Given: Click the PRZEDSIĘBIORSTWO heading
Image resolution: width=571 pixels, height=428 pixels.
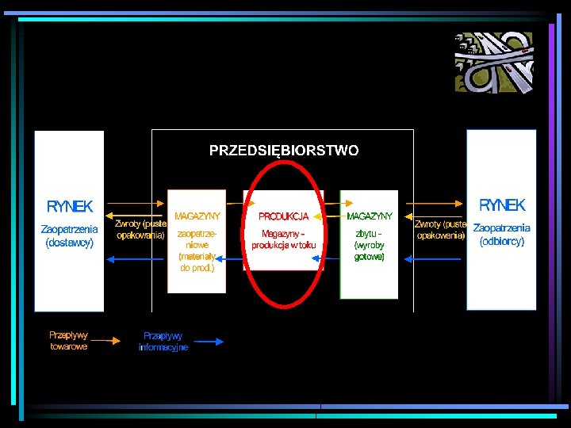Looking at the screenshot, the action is pyautogui.click(x=283, y=150).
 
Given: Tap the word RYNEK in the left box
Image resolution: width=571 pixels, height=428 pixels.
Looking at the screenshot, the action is pyautogui.click(x=70, y=207).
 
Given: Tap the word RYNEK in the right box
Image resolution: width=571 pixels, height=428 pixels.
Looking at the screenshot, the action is pyautogui.click(x=501, y=205).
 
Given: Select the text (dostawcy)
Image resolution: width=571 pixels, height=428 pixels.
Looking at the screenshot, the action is pyautogui.click(x=70, y=243).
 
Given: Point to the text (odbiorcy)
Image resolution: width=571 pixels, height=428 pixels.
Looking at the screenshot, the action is pyautogui.click(x=501, y=242).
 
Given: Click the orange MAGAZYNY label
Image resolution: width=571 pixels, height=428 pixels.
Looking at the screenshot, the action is pyautogui.click(x=197, y=216).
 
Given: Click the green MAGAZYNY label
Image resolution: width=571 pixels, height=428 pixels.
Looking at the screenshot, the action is pyautogui.click(x=370, y=216).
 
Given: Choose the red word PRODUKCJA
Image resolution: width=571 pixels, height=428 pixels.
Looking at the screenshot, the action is pyautogui.click(x=283, y=216).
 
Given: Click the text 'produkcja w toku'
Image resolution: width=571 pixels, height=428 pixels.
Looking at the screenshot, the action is pyautogui.click(x=283, y=246).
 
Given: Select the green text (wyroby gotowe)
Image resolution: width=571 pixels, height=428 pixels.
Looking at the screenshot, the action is pyautogui.click(x=370, y=251).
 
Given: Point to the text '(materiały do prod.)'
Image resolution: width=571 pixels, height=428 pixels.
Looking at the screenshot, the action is pyautogui.click(x=197, y=262).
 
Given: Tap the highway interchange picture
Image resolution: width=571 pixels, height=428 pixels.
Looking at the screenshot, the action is pyautogui.click(x=494, y=63).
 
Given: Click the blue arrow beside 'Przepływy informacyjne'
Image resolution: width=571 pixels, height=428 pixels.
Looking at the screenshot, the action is pyautogui.click(x=208, y=342).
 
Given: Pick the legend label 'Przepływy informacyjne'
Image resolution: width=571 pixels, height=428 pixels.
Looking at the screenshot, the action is pyautogui.click(x=163, y=342).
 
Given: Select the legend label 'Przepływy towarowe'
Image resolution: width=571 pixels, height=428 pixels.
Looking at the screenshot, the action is pyautogui.click(x=69, y=341).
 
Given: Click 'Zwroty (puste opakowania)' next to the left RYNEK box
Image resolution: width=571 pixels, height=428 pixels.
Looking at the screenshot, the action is pyautogui.click(x=140, y=229).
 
